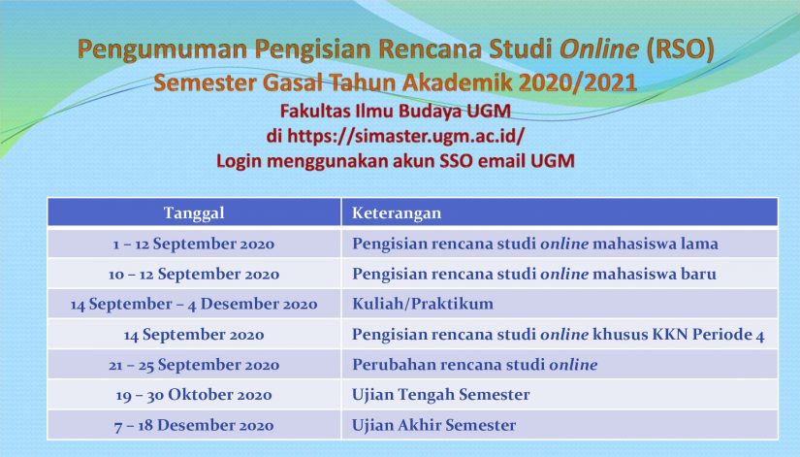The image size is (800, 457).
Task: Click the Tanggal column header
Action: pyautogui.click(x=194, y=212)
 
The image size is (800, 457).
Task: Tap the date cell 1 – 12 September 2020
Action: pyautogui.click(x=194, y=245)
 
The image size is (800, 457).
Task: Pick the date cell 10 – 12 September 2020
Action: pyautogui.click(x=194, y=275)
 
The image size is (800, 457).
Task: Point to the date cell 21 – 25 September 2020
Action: pyautogui.click(x=194, y=365)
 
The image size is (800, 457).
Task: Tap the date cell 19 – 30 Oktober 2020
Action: pyautogui.click(x=194, y=395)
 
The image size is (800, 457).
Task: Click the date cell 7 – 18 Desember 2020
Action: pyautogui.click(x=194, y=425)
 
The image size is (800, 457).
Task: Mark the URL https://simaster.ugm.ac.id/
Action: pyautogui.click(x=406, y=137)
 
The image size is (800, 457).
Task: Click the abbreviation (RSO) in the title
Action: pyautogui.click(x=680, y=49)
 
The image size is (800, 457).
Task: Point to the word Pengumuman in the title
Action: pyautogui.click(x=162, y=50)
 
